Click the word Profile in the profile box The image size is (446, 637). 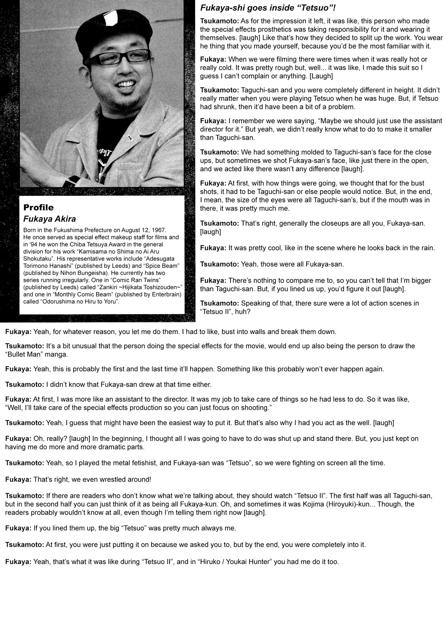pos(39,207)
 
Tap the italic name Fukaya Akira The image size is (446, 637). pos(50,219)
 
